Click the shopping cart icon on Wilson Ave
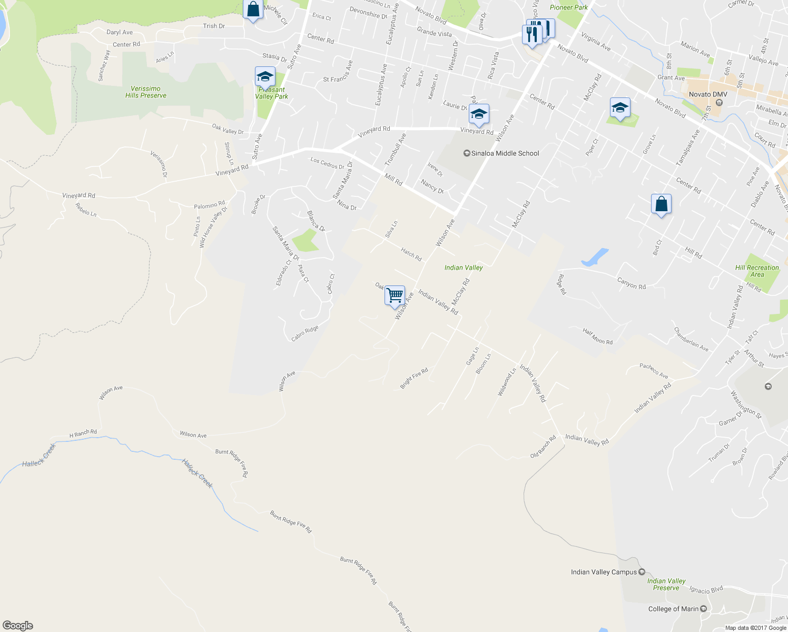pos(395,295)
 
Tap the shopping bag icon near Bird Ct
pos(661,204)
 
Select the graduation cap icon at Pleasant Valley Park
pos(264,77)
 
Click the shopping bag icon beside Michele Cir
pos(253,9)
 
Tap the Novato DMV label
pos(708,94)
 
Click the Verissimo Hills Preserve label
pos(146,92)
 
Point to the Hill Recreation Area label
pos(757,271)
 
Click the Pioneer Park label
pos(568,7)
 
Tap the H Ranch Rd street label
pos(83,433)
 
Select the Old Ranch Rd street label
pos(543,447)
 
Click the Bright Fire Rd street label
pos(414,378)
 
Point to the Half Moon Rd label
pos(597,336)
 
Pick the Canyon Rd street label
pos(631,283)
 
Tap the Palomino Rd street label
pos(209,205)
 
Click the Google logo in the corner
pos(17,625)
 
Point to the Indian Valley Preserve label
pos(666,585)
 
